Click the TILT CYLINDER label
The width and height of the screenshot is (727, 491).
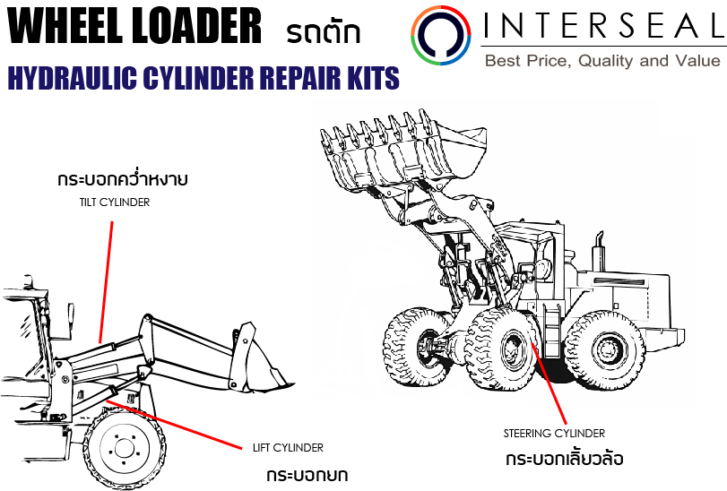[x=112, y=202]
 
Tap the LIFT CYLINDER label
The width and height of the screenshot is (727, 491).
[x=288, y=447]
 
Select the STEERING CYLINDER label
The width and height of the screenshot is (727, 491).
[x=553, y=434]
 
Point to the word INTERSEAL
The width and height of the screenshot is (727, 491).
[x=602, y=26]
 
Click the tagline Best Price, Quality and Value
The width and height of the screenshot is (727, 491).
[x=602, y=61]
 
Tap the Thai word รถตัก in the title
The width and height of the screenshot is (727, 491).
[x=324, y=33]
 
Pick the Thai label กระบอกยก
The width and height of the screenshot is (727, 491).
[x=307, y=473]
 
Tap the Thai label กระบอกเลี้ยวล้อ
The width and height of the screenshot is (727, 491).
[x=563, y=459]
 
